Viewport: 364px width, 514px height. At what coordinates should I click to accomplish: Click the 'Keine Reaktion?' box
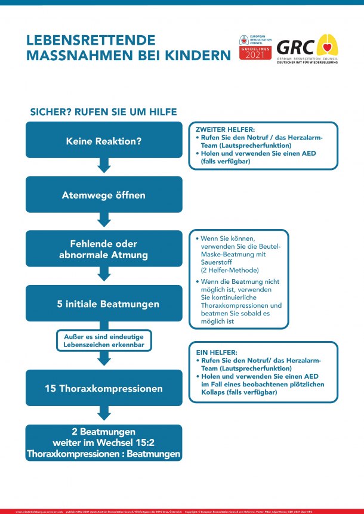click(104, 140)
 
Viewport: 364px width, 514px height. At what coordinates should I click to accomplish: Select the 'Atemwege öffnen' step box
click(104, 194)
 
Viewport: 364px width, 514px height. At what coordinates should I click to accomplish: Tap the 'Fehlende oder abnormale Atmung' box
click(104, 249)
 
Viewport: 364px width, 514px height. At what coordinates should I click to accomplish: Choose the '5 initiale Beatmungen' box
click(104, 304)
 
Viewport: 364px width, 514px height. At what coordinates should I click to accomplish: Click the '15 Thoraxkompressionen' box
click(104, 388)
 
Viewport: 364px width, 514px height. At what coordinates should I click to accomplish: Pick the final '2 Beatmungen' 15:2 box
click(104, 442)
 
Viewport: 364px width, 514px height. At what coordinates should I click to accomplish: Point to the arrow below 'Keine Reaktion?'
click(104, 165)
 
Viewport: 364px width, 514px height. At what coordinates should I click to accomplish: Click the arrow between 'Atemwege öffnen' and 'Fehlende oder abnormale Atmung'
click(104, 219)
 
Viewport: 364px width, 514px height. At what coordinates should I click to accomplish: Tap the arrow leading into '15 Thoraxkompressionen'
click(104, 358)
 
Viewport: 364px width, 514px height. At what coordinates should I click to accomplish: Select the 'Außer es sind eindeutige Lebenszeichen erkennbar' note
click(104, 340)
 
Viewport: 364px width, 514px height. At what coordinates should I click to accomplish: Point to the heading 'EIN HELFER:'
click(212, 353)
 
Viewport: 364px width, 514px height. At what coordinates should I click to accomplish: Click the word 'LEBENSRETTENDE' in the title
click(91, 40)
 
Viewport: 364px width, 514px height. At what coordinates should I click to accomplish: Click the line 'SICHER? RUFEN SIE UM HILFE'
click(103, 112)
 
